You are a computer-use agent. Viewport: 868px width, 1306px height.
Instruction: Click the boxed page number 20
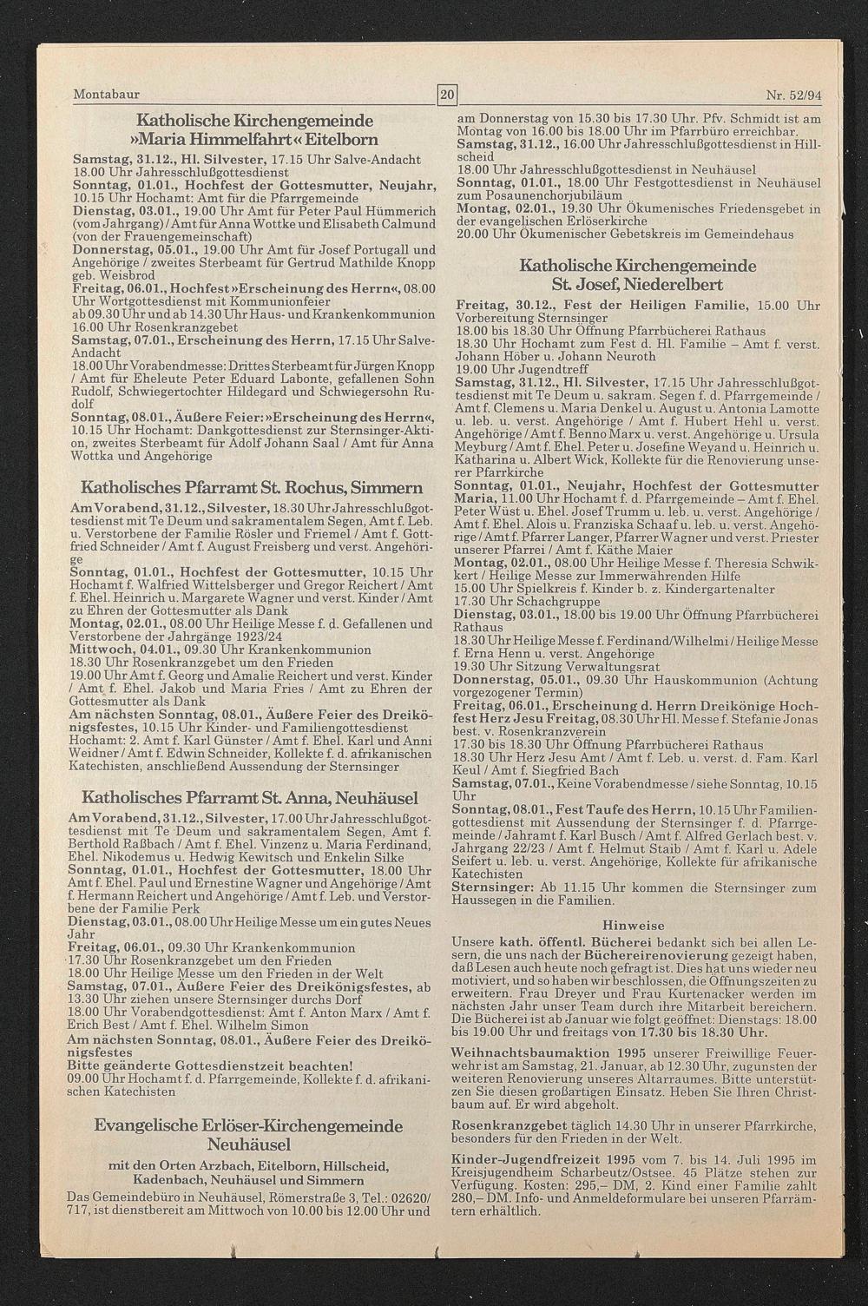pyautogui.click(x=447, y=94)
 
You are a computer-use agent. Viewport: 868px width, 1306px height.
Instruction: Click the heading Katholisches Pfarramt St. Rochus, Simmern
pyautogui.click(x=252, y=488)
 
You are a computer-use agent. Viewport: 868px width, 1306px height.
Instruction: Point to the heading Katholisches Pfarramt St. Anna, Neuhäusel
pyautogui.click(x=250, y=797)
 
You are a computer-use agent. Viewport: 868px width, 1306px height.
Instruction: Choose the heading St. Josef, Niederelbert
pyautogui.click(x=637, y=285)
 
